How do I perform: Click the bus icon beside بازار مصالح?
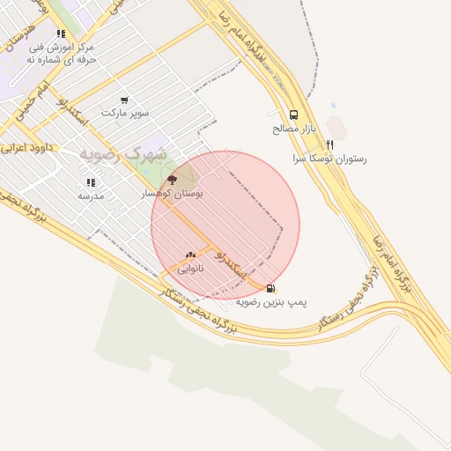click(x=293, y=115)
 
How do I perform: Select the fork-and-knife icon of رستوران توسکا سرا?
click(x=329, y=144)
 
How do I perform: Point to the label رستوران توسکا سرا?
click(x=329, y=159)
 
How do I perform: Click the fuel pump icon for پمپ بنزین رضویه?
click(x=270, y=287)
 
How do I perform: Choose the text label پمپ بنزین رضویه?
click(x=270, y=301)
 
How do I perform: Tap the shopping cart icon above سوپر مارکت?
click(x=124, y=100)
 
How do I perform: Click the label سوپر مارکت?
click(x=125, y=114)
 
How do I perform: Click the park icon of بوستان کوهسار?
click(x=172, y=179)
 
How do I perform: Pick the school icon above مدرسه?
click(x=90, y=182)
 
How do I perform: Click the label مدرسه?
click(x=91, y=196)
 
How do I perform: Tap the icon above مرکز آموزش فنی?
click(x=61, y=33)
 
